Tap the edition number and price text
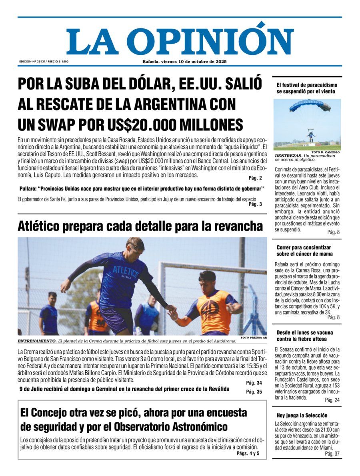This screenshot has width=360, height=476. pos(44,61)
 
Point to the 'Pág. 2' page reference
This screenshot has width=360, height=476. pos(255,178)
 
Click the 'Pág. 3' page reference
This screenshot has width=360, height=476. pos(255,204)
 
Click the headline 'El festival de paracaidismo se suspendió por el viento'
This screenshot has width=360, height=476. pos(307,88)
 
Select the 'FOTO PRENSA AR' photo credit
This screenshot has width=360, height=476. pos(254,337)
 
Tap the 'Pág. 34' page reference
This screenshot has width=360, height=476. pos(254,383)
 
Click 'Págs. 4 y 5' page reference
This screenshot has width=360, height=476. pos(248,454)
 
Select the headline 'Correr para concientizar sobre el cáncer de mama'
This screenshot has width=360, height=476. pos(304,251)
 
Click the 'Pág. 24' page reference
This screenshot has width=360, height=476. pos(332,400)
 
